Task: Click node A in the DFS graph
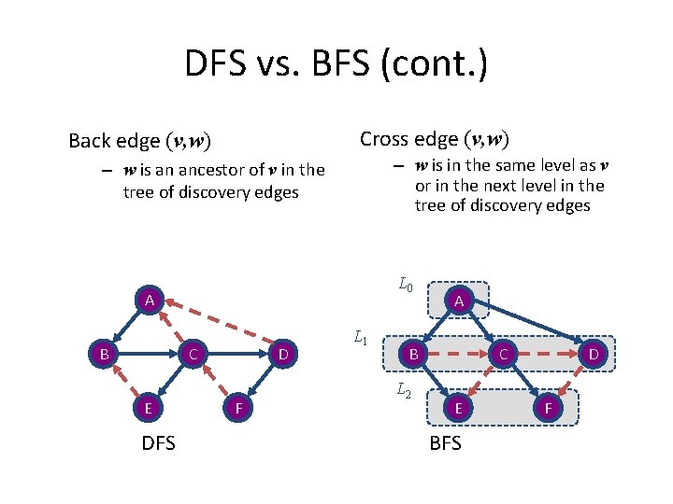(149, 301)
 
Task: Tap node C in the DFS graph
(192, 355)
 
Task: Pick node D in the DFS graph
(282, 355)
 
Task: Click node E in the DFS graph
(148, 407)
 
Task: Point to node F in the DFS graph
(238, 407)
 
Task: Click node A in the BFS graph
(457, 301)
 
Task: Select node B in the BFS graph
(411, 355)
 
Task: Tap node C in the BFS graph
(502, 355)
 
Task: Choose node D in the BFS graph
(593, 355)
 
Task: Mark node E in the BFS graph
(457, 407)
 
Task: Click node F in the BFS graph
(548, 407)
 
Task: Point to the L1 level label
(361, 338)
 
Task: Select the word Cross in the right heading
(383, 139)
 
